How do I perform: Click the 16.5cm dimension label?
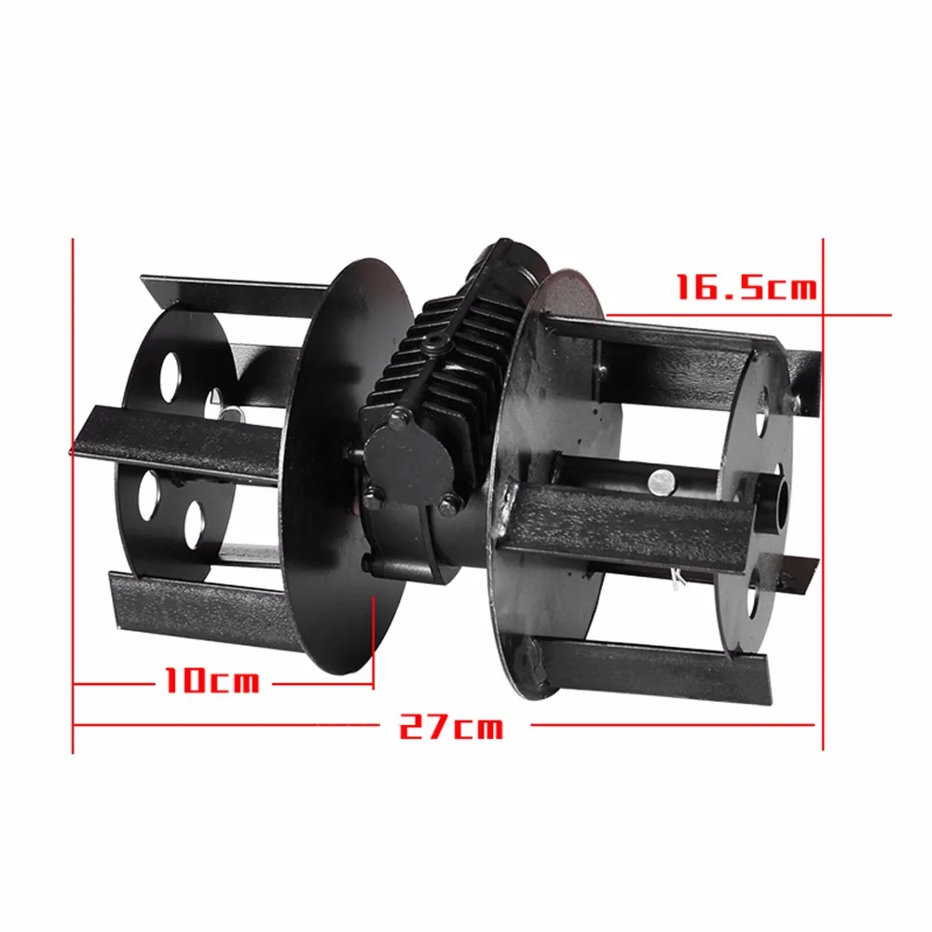(747, 286)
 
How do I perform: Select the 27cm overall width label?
(451, 726)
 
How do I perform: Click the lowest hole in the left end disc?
(193, 525)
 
